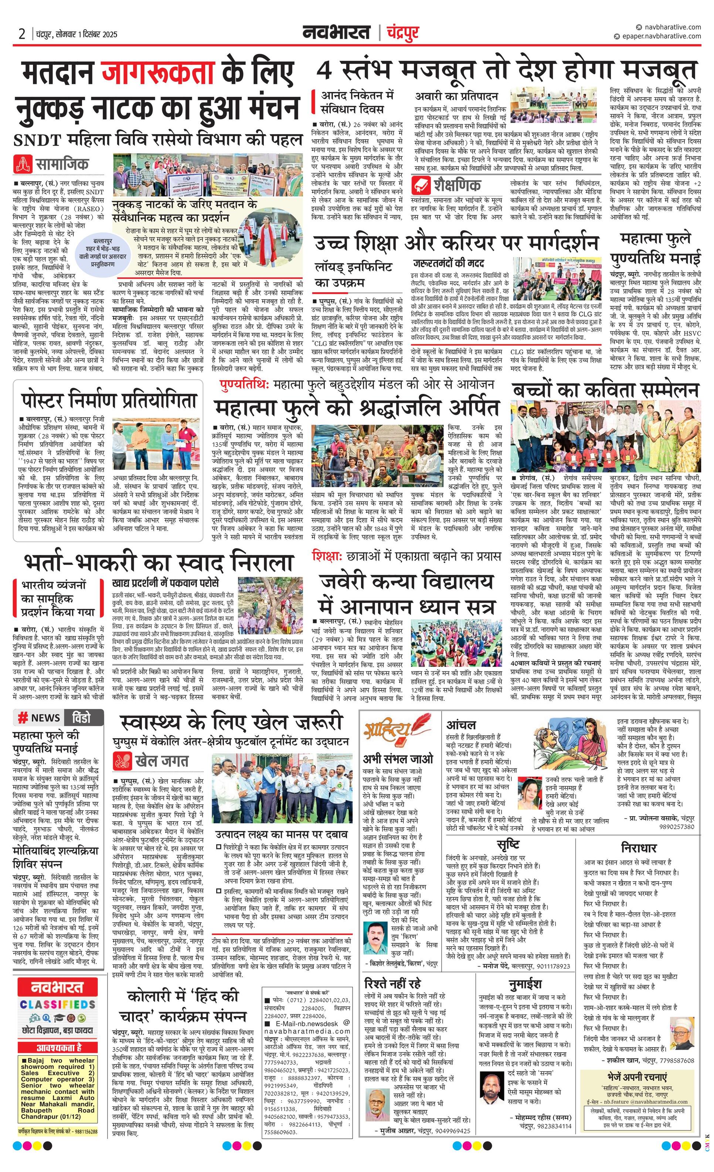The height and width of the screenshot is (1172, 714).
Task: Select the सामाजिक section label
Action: click(61, 164)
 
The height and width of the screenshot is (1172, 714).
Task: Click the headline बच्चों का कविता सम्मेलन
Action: click(605, 390)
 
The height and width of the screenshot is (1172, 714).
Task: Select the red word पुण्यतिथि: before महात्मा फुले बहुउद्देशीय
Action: click(245, 384)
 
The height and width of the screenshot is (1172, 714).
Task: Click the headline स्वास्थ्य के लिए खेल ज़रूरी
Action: click(231, 722)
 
